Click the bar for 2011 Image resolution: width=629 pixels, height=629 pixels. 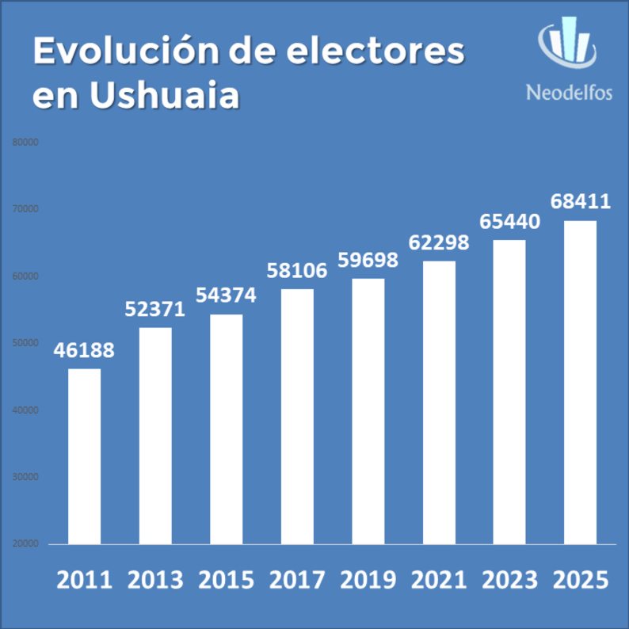(84, 456)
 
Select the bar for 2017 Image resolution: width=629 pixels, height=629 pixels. (296, 417)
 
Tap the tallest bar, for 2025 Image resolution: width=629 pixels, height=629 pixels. (580, 383)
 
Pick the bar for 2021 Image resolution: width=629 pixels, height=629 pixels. (438, 402)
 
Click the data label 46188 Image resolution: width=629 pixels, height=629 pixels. (84, 350)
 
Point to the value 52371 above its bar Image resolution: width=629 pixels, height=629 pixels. (154, 309)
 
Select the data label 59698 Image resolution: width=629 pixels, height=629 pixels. (367, 260)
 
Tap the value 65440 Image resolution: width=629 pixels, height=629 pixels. (509, 222)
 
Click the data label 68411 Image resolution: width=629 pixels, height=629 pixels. (581, 201)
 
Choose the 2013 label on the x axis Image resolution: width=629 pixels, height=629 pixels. (154, 580)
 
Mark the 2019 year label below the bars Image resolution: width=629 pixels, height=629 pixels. (368, 580)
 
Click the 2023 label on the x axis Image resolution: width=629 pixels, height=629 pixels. (509, 580)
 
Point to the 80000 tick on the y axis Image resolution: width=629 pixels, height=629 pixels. (25, 143)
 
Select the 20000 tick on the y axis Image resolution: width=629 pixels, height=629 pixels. (25, 544)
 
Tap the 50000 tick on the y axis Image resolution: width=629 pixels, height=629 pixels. (25, 343)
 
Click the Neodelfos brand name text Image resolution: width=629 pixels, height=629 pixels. (569, 93)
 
